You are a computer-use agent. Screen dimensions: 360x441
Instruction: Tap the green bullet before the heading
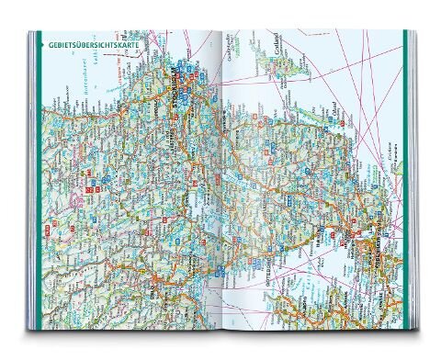pos(40,43)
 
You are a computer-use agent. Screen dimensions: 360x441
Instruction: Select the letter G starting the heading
pos(47,43)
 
